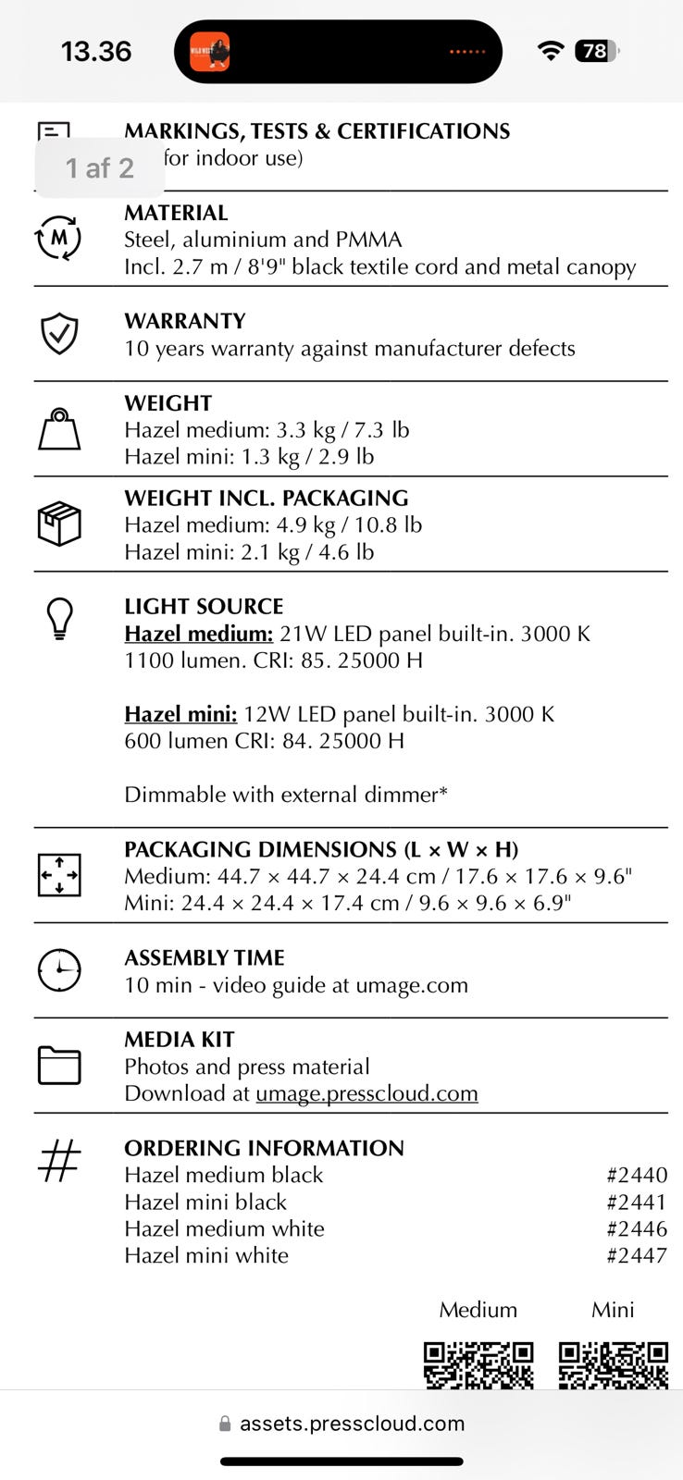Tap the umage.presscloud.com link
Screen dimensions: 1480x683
366,1093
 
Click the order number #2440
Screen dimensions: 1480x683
637,1175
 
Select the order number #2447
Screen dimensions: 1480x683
637,1255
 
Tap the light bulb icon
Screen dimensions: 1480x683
59,618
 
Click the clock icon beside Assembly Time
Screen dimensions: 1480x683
59,969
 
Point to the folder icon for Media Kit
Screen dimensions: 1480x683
59,1065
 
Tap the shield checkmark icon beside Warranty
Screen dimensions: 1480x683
59,333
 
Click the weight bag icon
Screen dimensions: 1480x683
59,429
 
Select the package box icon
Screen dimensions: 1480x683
59,524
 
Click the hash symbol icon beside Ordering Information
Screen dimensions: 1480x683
59,1160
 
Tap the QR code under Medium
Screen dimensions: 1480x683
478,1365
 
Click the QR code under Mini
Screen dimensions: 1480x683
613,1365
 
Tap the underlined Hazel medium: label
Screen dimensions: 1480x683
199,634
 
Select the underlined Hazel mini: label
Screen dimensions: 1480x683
180,714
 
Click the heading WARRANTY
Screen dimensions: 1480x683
185,321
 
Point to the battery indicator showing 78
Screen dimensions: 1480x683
596,51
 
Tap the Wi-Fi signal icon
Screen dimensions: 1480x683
551,51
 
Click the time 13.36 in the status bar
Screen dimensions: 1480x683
96,51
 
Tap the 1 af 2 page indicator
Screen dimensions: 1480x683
99,167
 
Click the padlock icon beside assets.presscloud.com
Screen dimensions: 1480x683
225,1424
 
